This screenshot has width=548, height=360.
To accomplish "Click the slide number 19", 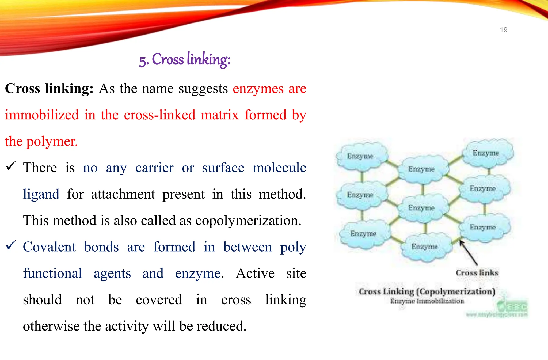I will pos(504,30).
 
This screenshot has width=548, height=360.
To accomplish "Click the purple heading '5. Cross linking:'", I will pos(185,59).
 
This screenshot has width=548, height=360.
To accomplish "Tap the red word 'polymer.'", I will pos(52,141).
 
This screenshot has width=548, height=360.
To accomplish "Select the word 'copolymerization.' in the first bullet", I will pos(248,221).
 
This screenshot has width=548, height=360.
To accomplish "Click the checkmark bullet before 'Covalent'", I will pos(11,245).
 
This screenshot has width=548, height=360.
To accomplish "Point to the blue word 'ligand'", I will pos(41,194).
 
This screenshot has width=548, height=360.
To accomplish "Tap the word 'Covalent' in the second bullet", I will pos(49,247).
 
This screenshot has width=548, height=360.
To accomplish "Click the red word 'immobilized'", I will pos(42,115).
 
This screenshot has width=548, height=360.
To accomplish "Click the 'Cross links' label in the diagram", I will pos(477,273).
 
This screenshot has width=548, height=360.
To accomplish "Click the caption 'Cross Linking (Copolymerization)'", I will pos(427,291).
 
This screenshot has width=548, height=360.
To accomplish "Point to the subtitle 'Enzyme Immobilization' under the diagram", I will pos(427,301).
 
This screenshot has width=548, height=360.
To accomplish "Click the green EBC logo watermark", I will pos(512,306).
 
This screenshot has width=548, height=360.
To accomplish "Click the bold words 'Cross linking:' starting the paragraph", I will pos(49,89).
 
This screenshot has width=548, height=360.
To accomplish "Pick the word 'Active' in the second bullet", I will pos(255,273).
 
